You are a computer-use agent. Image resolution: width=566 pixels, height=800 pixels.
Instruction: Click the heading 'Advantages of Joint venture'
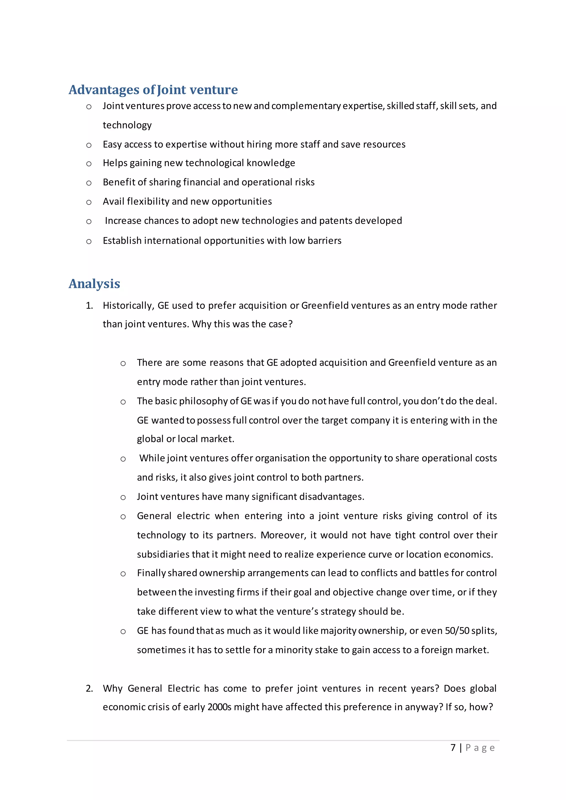153,90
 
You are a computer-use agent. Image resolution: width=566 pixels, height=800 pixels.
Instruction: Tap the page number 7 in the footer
453,748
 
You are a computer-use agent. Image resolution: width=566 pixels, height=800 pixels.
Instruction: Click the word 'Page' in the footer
480,748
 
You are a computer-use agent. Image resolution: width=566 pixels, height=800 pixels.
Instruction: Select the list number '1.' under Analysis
89,306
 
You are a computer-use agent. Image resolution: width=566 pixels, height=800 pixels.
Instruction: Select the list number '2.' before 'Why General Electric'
89,688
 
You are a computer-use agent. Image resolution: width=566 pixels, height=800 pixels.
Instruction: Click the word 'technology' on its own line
127,125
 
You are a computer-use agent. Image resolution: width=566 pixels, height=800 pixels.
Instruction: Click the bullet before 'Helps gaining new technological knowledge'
89,164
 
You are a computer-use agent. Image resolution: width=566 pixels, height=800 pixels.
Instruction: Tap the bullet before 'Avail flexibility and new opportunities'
89,202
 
